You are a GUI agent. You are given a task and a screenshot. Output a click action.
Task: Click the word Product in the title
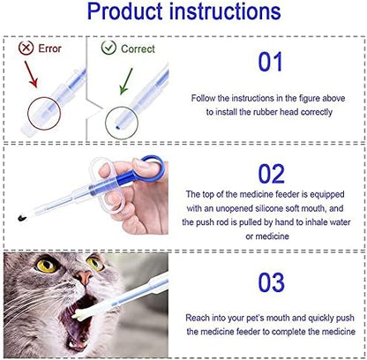tap(125, 11)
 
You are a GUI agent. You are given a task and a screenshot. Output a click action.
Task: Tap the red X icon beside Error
tap(26, 48)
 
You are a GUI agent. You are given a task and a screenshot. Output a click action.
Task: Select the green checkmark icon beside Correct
tap(109, 48)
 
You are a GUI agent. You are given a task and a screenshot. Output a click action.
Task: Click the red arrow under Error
tap(31, 74)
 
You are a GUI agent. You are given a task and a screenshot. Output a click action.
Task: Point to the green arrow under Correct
tap(126, 81)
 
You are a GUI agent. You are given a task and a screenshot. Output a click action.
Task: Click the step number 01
tap(270, 62)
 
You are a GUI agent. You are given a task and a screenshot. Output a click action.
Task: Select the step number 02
tap(271, 174)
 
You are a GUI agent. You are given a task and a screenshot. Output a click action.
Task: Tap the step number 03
tap(271, 282)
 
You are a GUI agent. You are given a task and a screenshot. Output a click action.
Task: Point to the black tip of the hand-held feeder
tap(22, 218)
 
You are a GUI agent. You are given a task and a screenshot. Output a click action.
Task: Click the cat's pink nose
tap(84, 277)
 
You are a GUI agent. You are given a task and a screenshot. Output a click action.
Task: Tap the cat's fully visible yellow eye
tap(46, 266)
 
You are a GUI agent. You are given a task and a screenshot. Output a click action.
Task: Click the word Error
tap(49, 49)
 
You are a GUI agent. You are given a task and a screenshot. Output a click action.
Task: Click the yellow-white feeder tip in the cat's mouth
tap(79, 315)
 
